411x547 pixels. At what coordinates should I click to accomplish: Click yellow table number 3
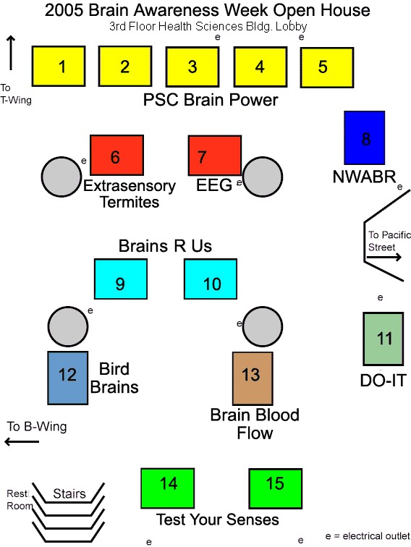point(192,67)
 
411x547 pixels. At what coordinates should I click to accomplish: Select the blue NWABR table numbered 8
point(365,137)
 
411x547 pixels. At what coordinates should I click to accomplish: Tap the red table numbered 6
point(117,156)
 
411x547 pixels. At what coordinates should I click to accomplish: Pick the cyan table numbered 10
point(211,279)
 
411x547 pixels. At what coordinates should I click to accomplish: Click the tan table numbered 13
point(253,378)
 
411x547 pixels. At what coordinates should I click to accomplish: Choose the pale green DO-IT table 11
point(384,339)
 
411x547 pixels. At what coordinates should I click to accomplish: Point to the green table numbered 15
point(275,488)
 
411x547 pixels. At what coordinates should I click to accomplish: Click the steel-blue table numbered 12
point(68,378)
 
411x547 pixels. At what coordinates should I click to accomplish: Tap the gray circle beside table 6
point(62,177)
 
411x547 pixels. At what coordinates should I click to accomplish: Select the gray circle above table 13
point(263,326)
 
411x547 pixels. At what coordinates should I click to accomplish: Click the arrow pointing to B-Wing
point(22,441)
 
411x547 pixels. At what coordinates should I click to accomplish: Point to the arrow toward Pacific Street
point(384,258)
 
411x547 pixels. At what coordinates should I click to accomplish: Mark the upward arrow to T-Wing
point(11,53)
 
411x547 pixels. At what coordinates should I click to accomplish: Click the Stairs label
point(69,493)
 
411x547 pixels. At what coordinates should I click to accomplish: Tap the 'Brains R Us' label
point(165,246)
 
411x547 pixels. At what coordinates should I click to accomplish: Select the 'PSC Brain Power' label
point(211,100)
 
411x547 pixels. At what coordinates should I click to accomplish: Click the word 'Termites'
point(130,203)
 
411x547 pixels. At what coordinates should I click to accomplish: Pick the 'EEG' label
point(214,185)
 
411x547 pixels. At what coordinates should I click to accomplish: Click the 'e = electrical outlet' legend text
point(368,536)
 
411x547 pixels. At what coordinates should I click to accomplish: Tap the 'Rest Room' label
point(20,499)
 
